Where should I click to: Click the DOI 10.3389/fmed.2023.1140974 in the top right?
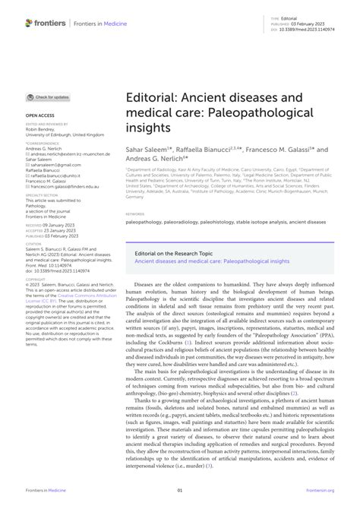[x=317, y=28]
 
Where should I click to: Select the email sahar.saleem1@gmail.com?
[x=53, y=163]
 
